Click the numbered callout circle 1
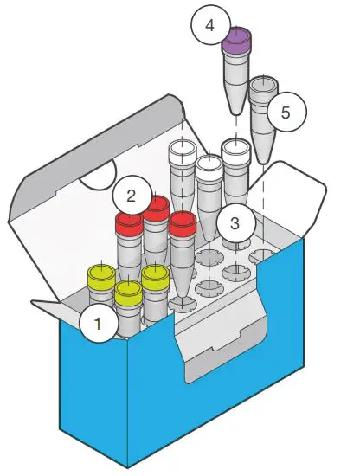pos(98,325)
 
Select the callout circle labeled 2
pos(132,194)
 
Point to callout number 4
pos(209,25)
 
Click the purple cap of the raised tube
pos(236,39)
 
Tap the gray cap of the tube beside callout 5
pos(263,86)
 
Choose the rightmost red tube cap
pos(183,225)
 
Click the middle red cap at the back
pos(157,208)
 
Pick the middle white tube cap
pos(209,164)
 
